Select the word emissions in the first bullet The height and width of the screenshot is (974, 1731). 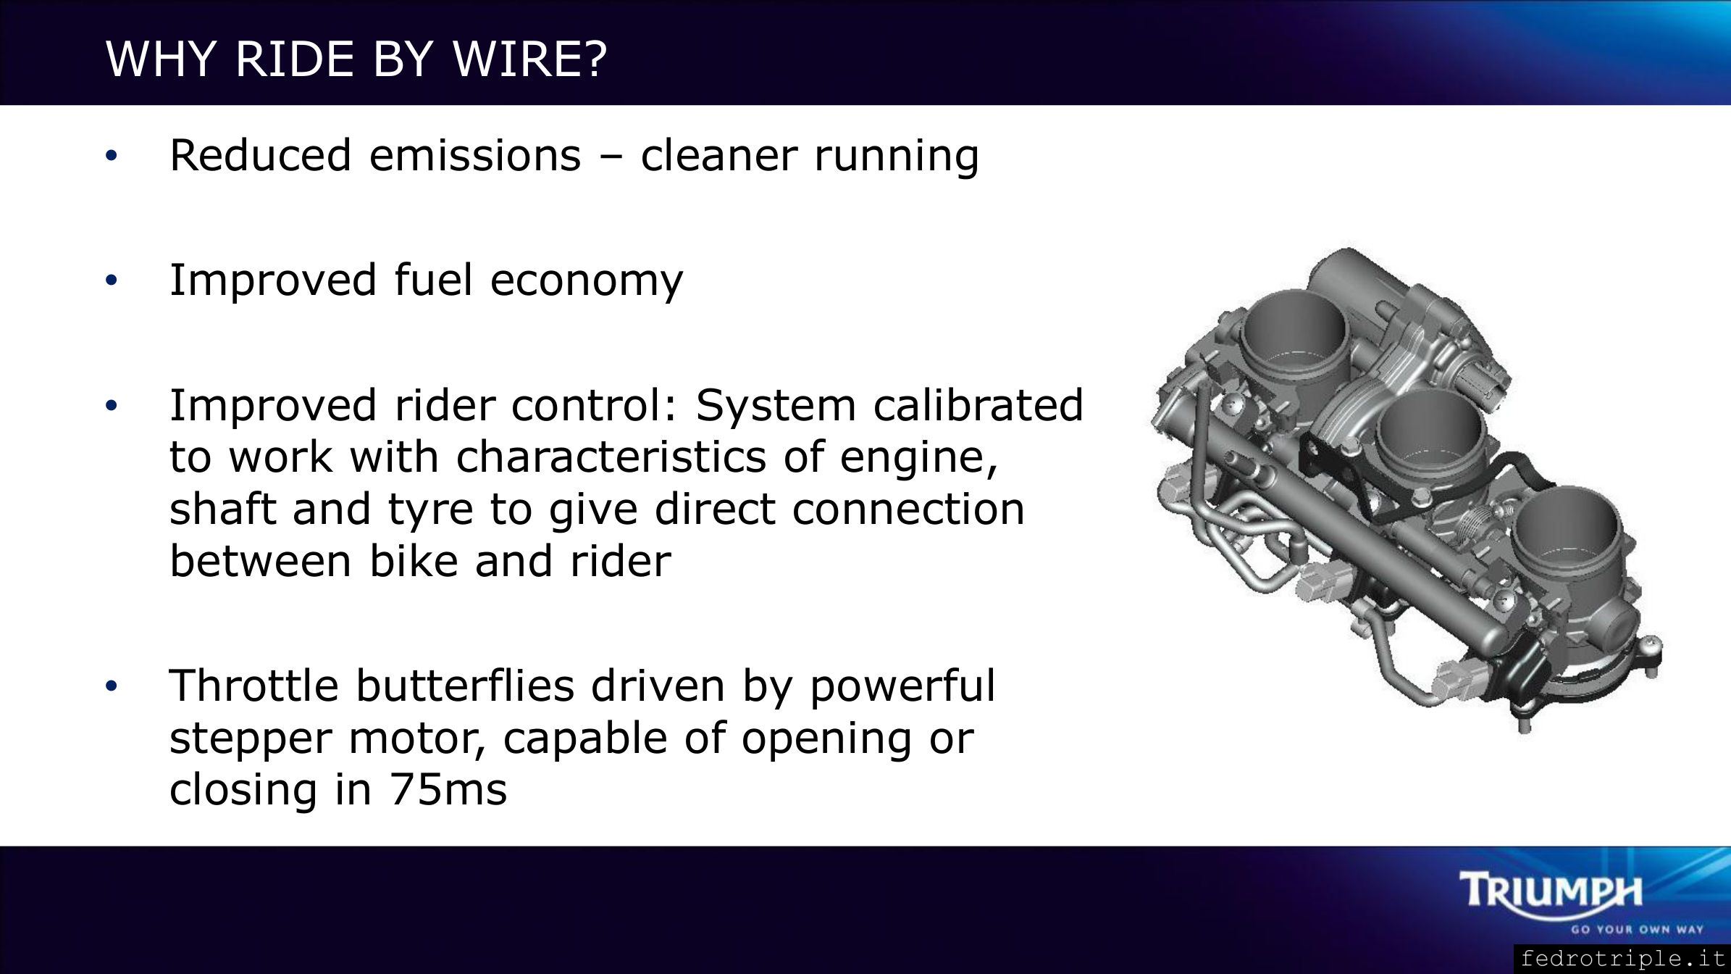(x=475, y=155)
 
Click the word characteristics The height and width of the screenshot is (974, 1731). (x=611, y=457)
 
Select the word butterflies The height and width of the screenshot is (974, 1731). (x=467, y=686)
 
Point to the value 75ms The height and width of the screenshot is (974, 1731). (x=448, y=790)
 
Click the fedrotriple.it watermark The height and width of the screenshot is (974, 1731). (x=1623, y=959)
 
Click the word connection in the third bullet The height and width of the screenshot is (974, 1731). (x=908, y=509)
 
